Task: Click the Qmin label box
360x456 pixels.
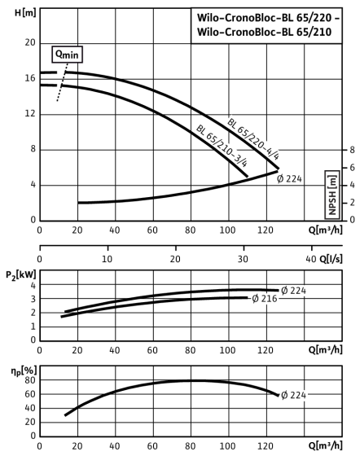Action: point(67,54)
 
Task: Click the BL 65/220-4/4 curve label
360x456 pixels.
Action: point(253,139)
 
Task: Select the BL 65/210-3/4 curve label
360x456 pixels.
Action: point(222,146)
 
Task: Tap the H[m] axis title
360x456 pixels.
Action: point(25,13)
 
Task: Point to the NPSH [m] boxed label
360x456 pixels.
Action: point(332,195)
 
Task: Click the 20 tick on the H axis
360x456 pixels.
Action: point(30,42)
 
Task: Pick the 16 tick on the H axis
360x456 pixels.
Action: point(30,78)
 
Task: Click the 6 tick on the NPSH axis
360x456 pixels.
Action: point(352,168)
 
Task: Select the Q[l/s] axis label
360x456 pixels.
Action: point(331,259)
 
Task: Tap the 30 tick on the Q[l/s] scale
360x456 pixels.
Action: point(243,259)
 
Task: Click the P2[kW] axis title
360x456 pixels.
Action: point(21,275)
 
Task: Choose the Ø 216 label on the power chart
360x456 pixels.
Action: point(265,298)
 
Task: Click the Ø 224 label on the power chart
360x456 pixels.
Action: point(293,290)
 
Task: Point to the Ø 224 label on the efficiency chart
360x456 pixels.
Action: point(293,395)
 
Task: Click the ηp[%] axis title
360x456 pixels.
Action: point(24,371)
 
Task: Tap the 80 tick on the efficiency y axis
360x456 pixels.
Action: point(30,380)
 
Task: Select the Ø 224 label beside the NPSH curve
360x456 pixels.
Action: point(289,178)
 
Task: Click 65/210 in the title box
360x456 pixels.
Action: point(314,32)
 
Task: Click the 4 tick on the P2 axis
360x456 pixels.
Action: point(33,285)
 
